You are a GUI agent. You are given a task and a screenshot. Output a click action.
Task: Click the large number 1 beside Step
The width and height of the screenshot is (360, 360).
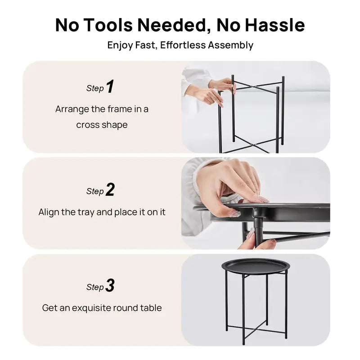pos(110,87)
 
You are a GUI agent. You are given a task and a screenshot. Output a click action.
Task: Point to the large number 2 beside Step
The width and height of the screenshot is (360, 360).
pos(110,190)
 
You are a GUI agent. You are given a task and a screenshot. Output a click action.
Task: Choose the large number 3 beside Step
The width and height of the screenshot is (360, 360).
pos(110,286)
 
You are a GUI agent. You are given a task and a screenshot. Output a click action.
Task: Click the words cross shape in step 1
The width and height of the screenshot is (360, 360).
pos(102,125)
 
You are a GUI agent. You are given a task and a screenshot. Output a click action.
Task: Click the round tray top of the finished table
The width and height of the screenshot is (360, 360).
pos(256,266)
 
